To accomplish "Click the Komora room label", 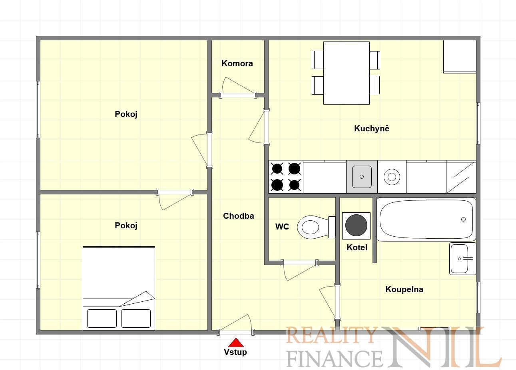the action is [237, 63].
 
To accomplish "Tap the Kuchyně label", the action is [372, 128].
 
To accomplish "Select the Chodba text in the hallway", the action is [239, 216].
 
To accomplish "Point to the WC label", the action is [282, 227].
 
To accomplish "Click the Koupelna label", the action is [404, 289].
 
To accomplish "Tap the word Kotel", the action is [357, 247].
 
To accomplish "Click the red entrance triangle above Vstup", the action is [236, 342].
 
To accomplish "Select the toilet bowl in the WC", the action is [316, 227].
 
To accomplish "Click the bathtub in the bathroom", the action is [426, 219].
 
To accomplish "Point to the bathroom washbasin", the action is [462, 259].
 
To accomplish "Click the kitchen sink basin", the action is [362, 177].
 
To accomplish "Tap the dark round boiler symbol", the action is [356, 225].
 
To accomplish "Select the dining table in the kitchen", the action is [346, 73].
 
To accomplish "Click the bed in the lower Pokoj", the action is [119, 288].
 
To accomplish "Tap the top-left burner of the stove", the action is [277, 169].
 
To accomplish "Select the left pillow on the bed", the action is [102, 319].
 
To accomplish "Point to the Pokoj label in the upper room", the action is [126, 114].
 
